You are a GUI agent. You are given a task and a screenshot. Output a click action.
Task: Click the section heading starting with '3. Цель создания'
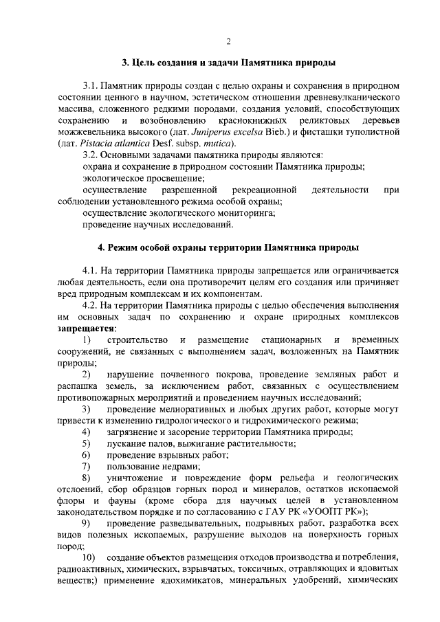[x=228, y=64]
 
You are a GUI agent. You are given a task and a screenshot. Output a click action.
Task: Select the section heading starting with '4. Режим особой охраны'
[x=228, y=247]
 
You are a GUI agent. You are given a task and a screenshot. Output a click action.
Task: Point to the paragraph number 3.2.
[x=91, y=155]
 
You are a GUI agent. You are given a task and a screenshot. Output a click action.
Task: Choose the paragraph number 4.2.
[x=91, y=305]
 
